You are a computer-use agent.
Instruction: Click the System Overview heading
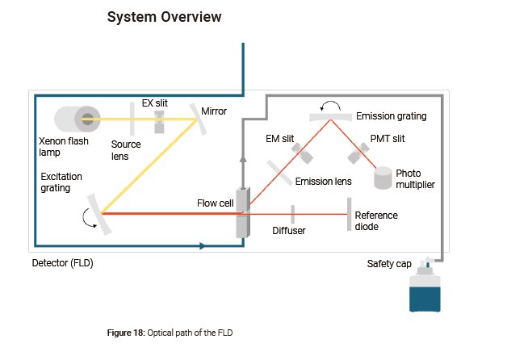click(x=164, y=17)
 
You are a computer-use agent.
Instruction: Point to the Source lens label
click(x=126, y=150)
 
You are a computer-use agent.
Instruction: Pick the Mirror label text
click(x=214, y=111)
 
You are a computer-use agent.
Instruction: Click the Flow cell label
click(x=215, y=203)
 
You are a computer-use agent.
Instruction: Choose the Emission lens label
click(x=325, y=182)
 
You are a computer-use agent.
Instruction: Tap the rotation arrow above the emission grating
click(x=329, y=105)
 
